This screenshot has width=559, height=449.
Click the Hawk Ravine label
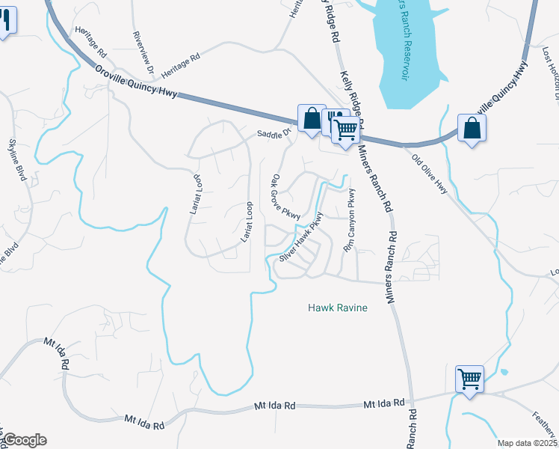(338, 308)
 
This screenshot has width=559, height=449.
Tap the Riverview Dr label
(143, 52)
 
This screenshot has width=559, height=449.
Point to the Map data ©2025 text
(527, 443)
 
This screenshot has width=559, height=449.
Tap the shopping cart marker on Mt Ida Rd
(469, 379)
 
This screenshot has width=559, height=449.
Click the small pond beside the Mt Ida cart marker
(504, 373)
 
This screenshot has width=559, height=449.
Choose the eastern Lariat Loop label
(244, 222)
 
